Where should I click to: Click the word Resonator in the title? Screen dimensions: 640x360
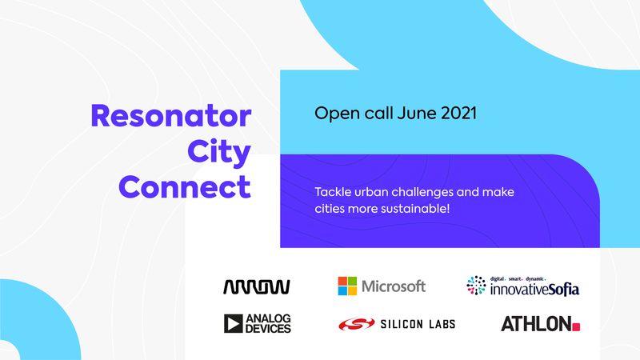pyautogui.click(x=170, y=116)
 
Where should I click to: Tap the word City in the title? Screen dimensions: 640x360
pyautogui.click(x=218, y=153)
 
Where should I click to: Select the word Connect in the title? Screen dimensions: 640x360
pyautogui.click(x=185, y=187)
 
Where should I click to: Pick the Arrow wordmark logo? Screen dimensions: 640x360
pyautogui.click(x=257, y=287)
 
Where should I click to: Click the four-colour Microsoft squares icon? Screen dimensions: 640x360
pyautogui.click(x=347, y=286)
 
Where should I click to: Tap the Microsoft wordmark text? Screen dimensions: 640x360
pyautogui.click(x=394, y=286)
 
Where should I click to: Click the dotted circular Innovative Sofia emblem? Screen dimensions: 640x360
pyautogui.click(x=476, y=286)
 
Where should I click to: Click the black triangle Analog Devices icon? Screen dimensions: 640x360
pyautogui.click(x=233, y=324)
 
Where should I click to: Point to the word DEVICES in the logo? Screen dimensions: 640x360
pyautogui.click(x=268, y=329)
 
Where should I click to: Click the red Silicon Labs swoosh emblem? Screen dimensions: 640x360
pyautogui.click(x=357, y=324)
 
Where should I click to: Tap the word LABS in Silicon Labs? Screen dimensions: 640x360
pyautogui.click(x=442, y=324)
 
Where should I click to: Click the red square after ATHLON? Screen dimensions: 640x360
pyautogui.click(x=576, y=326)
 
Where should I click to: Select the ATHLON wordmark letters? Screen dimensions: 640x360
pyautogui.click(x=536, y=324)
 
